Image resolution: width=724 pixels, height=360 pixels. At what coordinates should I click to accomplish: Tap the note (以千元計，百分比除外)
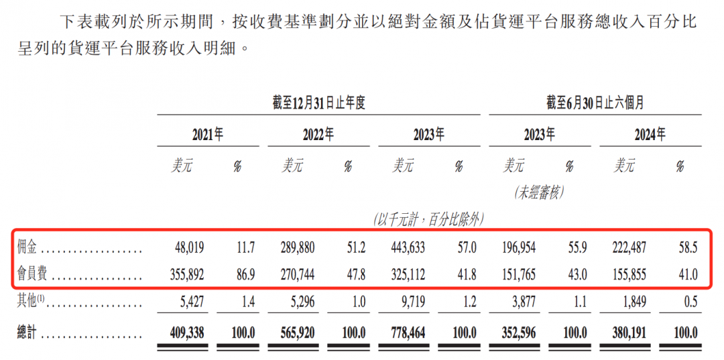[x=429, y=219]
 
